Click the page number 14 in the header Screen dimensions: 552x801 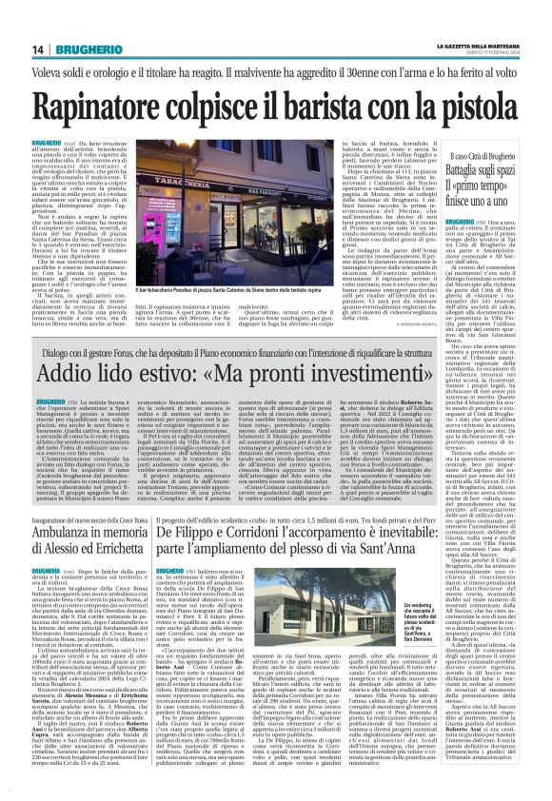tap(15, 22)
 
